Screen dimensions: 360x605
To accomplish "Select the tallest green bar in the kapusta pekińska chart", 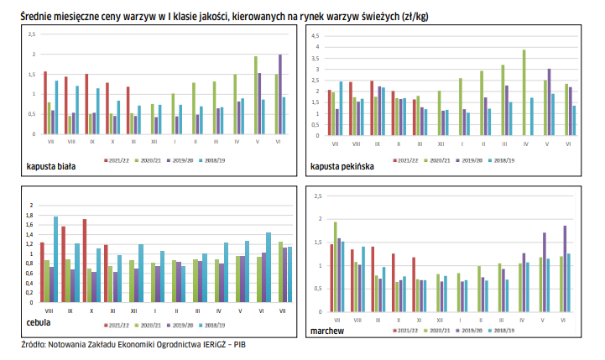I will tap(524, 92).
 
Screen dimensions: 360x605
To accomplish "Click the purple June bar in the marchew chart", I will tap(565, 268).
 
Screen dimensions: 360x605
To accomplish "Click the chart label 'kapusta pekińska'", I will tap(342, 167).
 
